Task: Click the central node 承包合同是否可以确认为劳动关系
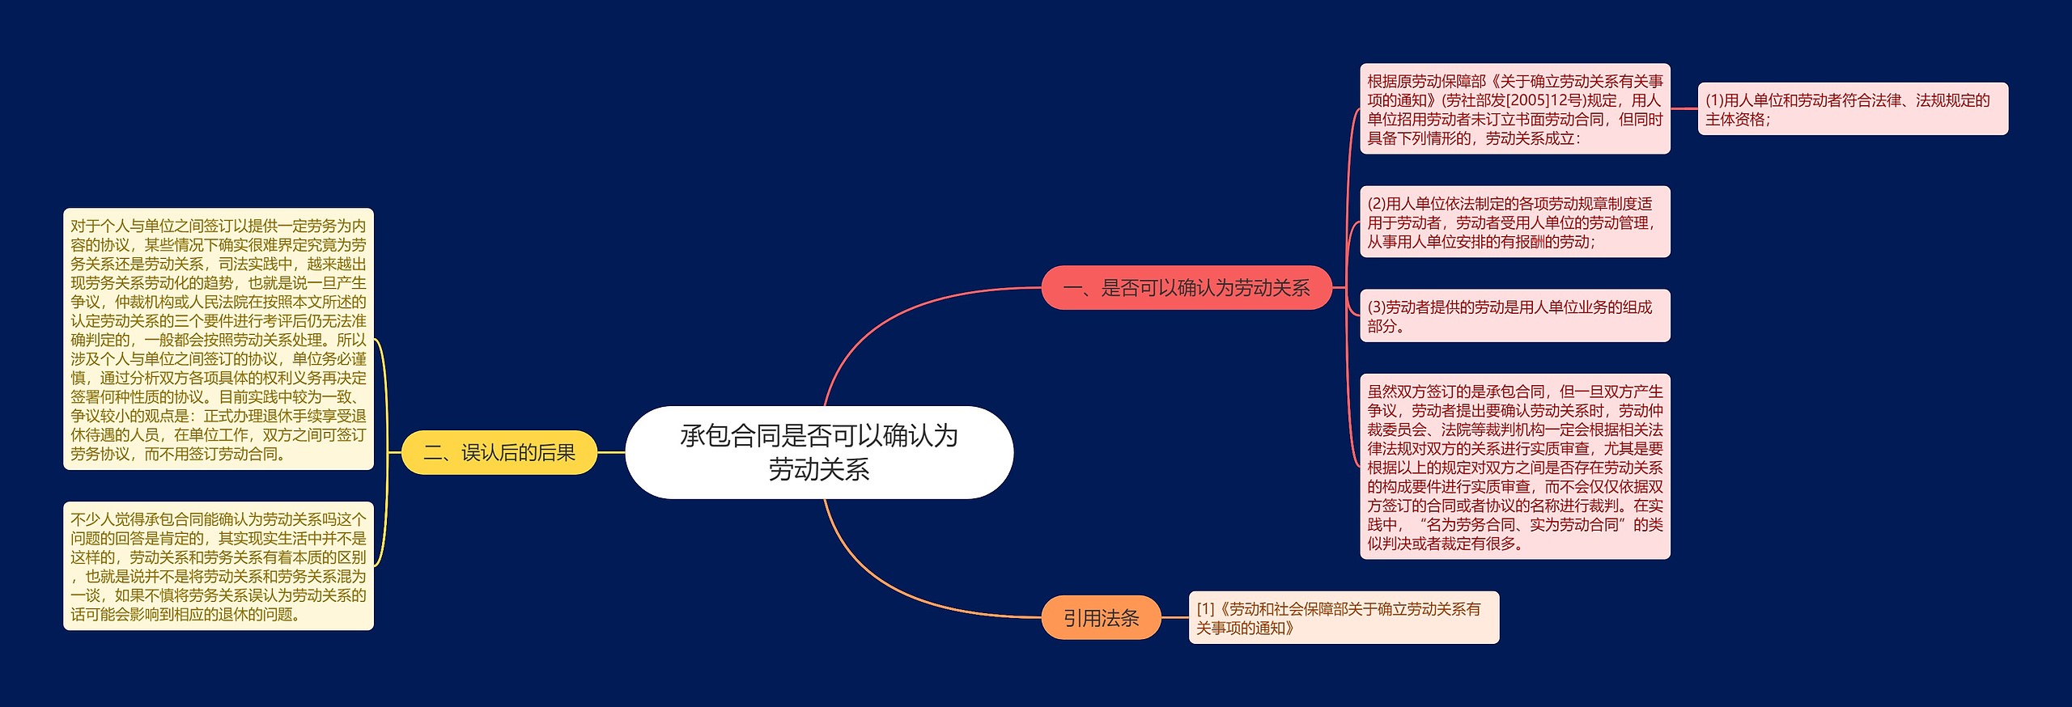(819, 452)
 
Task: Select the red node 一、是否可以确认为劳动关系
(1186, 288)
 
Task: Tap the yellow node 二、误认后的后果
(499, 453)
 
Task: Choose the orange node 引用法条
(1101, 618)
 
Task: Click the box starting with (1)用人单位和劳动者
(1852, 109)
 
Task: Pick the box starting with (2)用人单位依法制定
(1514, 222)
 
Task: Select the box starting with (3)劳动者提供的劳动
(1514, 316)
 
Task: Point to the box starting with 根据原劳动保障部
(1514, 109)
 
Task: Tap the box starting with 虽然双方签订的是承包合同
(1514, 467)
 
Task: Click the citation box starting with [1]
(1344, 618)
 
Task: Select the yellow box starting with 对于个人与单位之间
(219, 339)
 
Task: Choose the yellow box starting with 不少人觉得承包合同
(219, 566)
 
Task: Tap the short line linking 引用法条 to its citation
(1174, 618)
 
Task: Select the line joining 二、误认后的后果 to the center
(611, 453)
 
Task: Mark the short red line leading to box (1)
(1683, 109)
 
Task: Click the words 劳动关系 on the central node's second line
(819, 470)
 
